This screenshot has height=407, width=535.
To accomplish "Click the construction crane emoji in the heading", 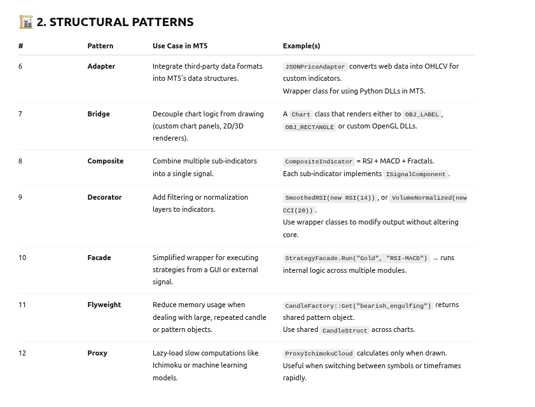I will [x=25, y=22].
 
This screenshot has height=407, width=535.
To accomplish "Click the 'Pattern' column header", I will [x=100, y=46].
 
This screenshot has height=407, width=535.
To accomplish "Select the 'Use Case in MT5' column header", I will [x=180, y=46].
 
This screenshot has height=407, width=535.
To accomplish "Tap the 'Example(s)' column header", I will [x=301, y=46].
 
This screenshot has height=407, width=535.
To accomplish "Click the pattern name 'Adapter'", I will [x=101, y=66].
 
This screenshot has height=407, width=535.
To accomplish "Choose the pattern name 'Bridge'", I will [x=99, y=114].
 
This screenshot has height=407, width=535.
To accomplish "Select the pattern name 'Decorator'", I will [x=104, y=197].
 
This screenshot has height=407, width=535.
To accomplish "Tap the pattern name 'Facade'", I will [x=99, y=258].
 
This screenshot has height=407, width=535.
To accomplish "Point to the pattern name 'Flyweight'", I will [x=104, y=305].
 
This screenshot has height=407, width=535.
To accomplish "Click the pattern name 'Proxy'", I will [x=97, y=353].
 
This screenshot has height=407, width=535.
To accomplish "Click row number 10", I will [x=22, y=258].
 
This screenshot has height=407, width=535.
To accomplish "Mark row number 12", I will [x=22, y=353].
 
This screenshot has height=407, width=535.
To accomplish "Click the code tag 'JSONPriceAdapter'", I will [x=315, y=67].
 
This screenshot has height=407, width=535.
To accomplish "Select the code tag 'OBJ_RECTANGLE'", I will [x=309, y=127].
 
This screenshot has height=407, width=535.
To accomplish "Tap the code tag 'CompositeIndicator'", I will [x=319, y=162].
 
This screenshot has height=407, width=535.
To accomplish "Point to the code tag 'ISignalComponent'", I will [x=415, y=174].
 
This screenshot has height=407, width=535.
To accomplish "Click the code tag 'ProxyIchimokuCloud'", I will [x=319, y=354].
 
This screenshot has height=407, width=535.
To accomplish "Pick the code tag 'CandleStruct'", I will [x=345, y=331].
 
